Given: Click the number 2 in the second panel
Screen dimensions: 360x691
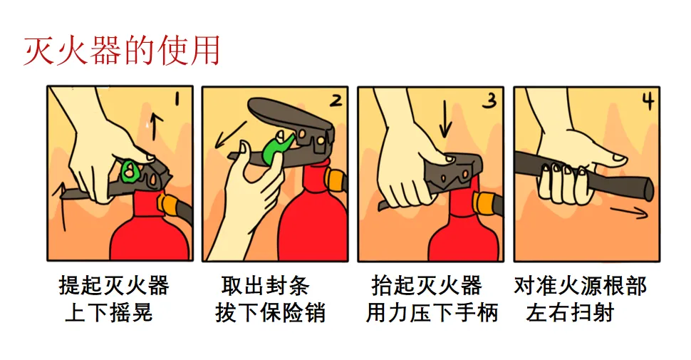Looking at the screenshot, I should (334, 101).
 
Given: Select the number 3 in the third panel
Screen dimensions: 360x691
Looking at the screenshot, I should (489, 101).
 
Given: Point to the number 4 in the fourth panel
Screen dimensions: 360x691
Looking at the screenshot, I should (648, 101).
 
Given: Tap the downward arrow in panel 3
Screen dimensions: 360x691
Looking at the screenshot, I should (446, 120).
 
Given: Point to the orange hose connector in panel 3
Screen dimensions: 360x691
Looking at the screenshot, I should (484, 203).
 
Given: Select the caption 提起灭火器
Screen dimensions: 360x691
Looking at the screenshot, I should (114, 287).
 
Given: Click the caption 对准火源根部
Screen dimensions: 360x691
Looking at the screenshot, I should (580, 287).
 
